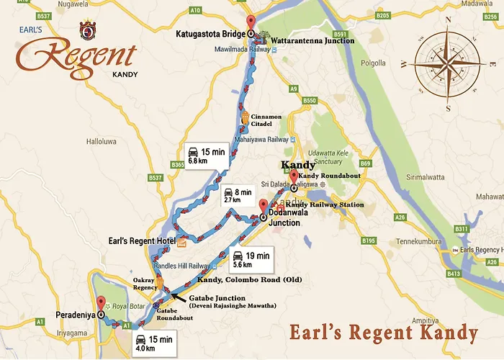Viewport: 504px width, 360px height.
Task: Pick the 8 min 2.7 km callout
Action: click(x=237, y=196)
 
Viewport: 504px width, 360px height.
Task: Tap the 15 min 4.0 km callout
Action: click(x=155, y=343)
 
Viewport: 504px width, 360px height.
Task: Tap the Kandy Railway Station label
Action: click(x=324, y=205)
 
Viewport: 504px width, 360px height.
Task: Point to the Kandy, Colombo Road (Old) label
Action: click(x=240, y=279)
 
